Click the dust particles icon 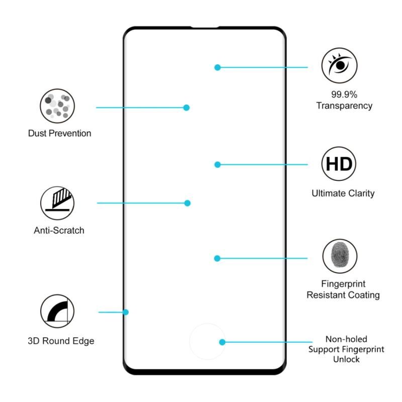(57, 106)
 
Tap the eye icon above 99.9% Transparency (340, 65)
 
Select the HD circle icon (339, 164)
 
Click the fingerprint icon (340, 256)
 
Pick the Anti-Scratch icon (57, 203)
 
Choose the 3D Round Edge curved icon (57, 311)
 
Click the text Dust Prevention (59, 133)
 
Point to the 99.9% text (344, 94)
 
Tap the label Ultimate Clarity (343, 193)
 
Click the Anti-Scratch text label (59, 230)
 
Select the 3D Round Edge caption (61, 341)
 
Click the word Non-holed (346, 339)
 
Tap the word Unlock (346, 359)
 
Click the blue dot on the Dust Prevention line (186, 108)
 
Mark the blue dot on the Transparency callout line (218, 67)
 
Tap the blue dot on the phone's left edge (126, 312)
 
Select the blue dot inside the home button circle (222, 342)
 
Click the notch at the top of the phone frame (205, 27)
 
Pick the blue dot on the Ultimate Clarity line (218, 165)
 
